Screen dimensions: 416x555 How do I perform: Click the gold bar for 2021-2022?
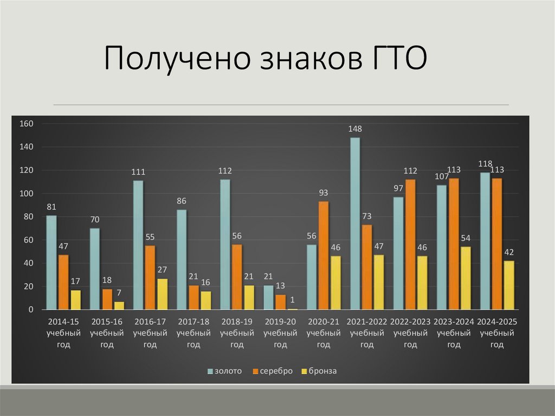(x=355, y=223)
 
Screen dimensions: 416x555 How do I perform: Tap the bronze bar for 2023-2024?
(x=466, y=278)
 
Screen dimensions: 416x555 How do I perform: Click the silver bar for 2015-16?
(x=107, y=299)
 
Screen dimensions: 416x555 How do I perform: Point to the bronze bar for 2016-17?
(x=163, y=294)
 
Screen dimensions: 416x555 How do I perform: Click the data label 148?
(x=355, y=129)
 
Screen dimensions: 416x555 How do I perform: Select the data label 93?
(x=324, y=193)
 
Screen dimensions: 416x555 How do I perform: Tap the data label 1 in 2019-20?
(x=293, y=300)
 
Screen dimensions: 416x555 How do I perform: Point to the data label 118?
(x=485, y=164)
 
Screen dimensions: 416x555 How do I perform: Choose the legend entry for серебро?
(x=276, y=371)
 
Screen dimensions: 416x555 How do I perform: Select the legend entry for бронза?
(x=322, y=371)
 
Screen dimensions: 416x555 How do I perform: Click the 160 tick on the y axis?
(x=27, y=124)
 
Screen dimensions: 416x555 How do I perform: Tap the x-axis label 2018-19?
(x=237, y=322)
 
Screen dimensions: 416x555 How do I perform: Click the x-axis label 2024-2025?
(x=497, y=322)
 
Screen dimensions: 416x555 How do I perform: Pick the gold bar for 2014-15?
(x=51, y=263)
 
